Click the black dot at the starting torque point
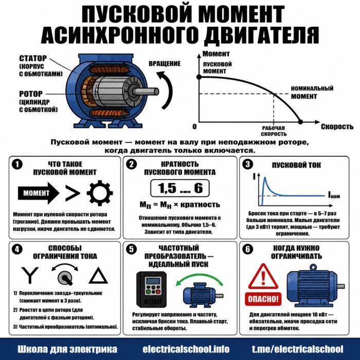[199, 77]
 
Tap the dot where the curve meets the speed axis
[300, 122]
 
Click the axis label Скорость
[337, 127]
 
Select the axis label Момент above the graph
[216, 53]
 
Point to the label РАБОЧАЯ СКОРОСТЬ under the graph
[274, 131]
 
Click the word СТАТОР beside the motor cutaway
[33, 58]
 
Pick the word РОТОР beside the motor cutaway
[31, 94]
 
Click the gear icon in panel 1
[100, 193]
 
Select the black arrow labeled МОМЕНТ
[39, 193]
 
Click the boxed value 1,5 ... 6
[180, 188]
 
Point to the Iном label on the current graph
[334, 195]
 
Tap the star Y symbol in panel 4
[30, 275]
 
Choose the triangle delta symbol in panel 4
[98, 275]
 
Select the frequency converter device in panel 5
[152, 289]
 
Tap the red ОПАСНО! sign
[263, 299]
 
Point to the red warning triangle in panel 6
[263, 277]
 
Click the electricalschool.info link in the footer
[186, 349]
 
